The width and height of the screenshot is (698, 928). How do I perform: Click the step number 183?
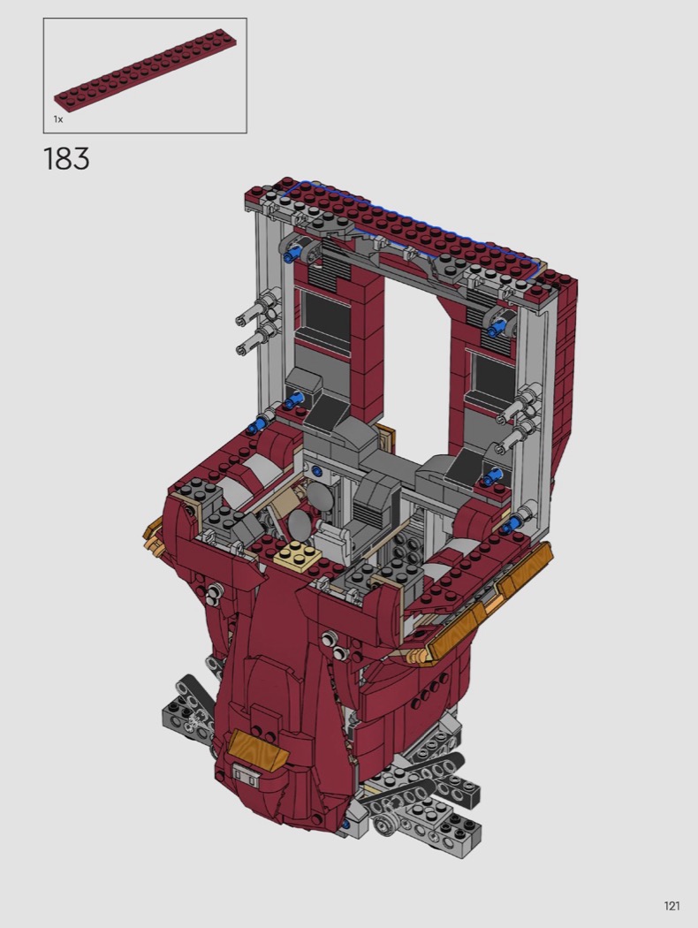pos(66,158)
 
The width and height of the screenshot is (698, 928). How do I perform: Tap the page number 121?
pos(671,906)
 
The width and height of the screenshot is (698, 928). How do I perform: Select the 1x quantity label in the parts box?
pos(58,119)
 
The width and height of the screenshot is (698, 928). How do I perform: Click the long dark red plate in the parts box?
pos(148,72)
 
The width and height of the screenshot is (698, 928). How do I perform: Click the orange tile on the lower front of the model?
pos(258,746)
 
